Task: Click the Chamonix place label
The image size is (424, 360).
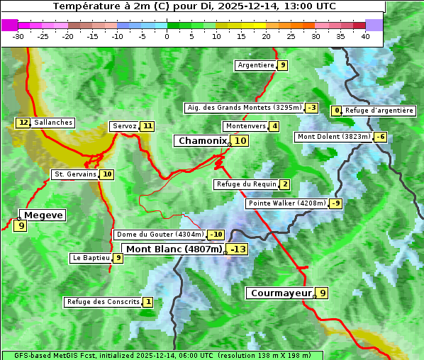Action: tap(202, 141)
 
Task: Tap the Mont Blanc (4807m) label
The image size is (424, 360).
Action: tap(174, 249)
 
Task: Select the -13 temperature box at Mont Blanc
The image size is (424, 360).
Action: tap(238, 249)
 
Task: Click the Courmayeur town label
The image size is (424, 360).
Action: tap(281, 293)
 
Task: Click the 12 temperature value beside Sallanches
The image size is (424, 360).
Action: tap(23, 123)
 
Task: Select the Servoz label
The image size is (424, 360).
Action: tap(124, 126)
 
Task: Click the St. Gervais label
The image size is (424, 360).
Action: tap(74, 174)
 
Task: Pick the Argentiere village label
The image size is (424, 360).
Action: tap(256, 65)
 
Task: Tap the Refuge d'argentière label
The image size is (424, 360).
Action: tap(379, 111)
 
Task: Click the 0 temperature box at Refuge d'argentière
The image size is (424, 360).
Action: tap(337, 111)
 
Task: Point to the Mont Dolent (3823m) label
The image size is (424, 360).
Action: tap(334, 137)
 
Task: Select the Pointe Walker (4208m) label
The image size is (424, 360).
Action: tap(286, 203)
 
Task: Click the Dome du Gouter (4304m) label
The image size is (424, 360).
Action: tap(160, 235)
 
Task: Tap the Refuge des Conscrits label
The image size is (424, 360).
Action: tap(102, 302)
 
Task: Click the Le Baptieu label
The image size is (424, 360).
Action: tap(91, 258)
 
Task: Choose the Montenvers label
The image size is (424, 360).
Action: tap(245, 126)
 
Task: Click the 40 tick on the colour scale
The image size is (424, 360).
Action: tap(365, 36)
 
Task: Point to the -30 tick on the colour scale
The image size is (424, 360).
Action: tap(18, 36)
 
